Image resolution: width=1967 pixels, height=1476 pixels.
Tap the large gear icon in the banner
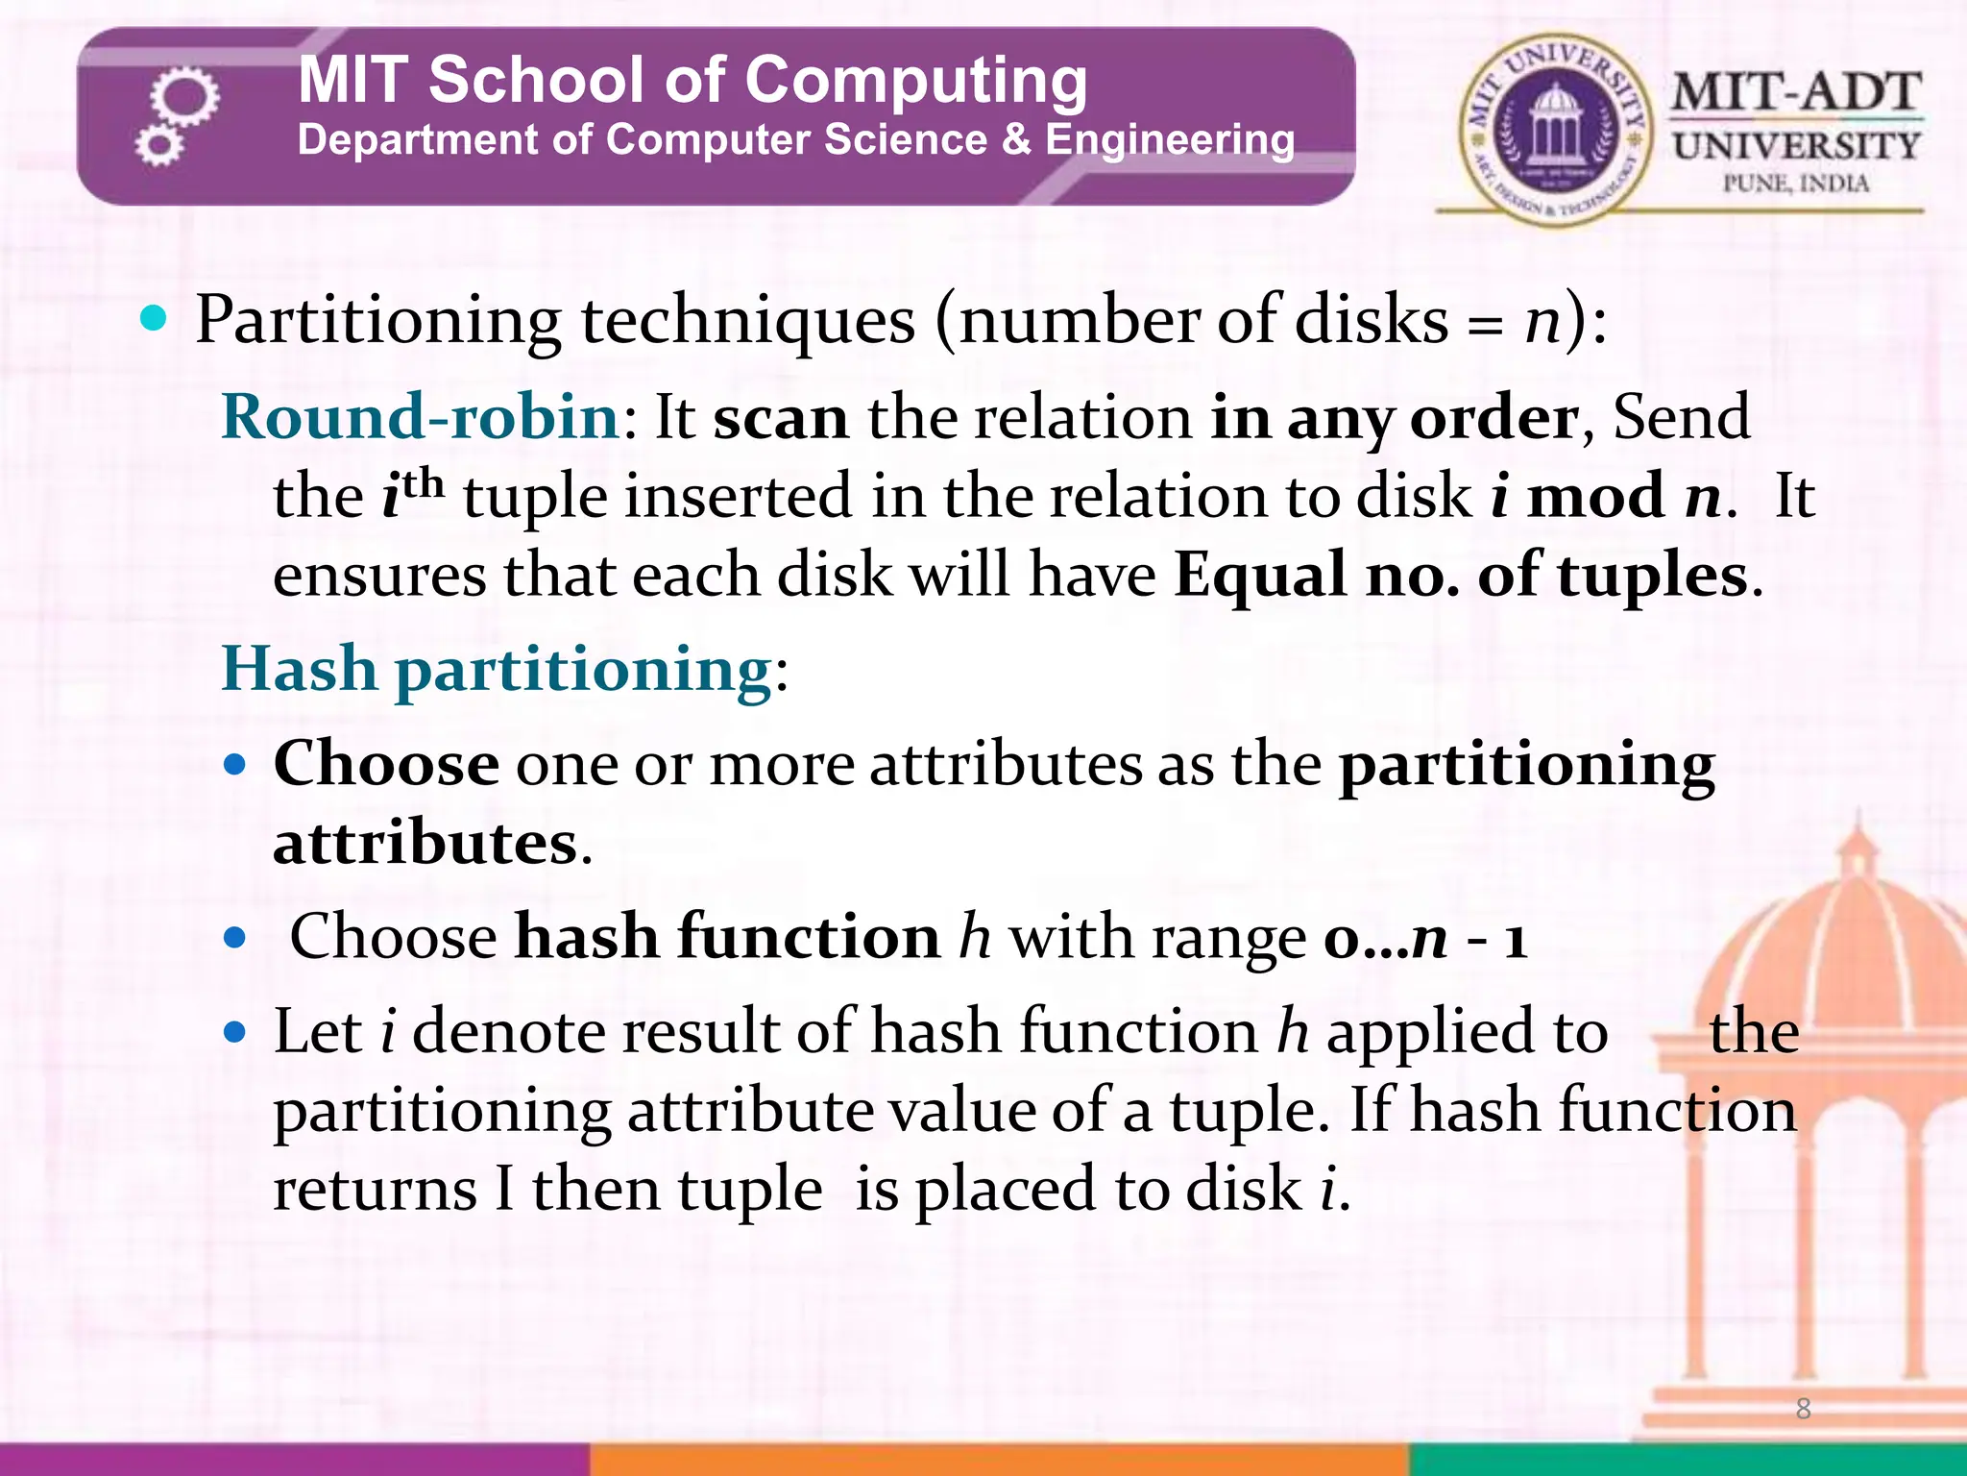185,96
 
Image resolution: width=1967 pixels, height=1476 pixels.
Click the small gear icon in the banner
158,146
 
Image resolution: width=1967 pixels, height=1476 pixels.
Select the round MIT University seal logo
1553,130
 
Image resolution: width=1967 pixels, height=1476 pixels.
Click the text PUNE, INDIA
1795,184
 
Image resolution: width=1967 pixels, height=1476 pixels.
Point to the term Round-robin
421,417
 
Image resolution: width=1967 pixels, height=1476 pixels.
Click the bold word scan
781,419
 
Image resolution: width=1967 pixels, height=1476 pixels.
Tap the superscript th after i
424,483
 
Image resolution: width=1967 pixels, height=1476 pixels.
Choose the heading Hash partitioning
497,669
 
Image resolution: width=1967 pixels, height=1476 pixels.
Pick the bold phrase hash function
727,937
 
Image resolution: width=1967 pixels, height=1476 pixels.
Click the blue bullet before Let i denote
234,1033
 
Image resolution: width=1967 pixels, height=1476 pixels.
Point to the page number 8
1803,1409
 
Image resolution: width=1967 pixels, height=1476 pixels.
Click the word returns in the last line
375,1190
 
